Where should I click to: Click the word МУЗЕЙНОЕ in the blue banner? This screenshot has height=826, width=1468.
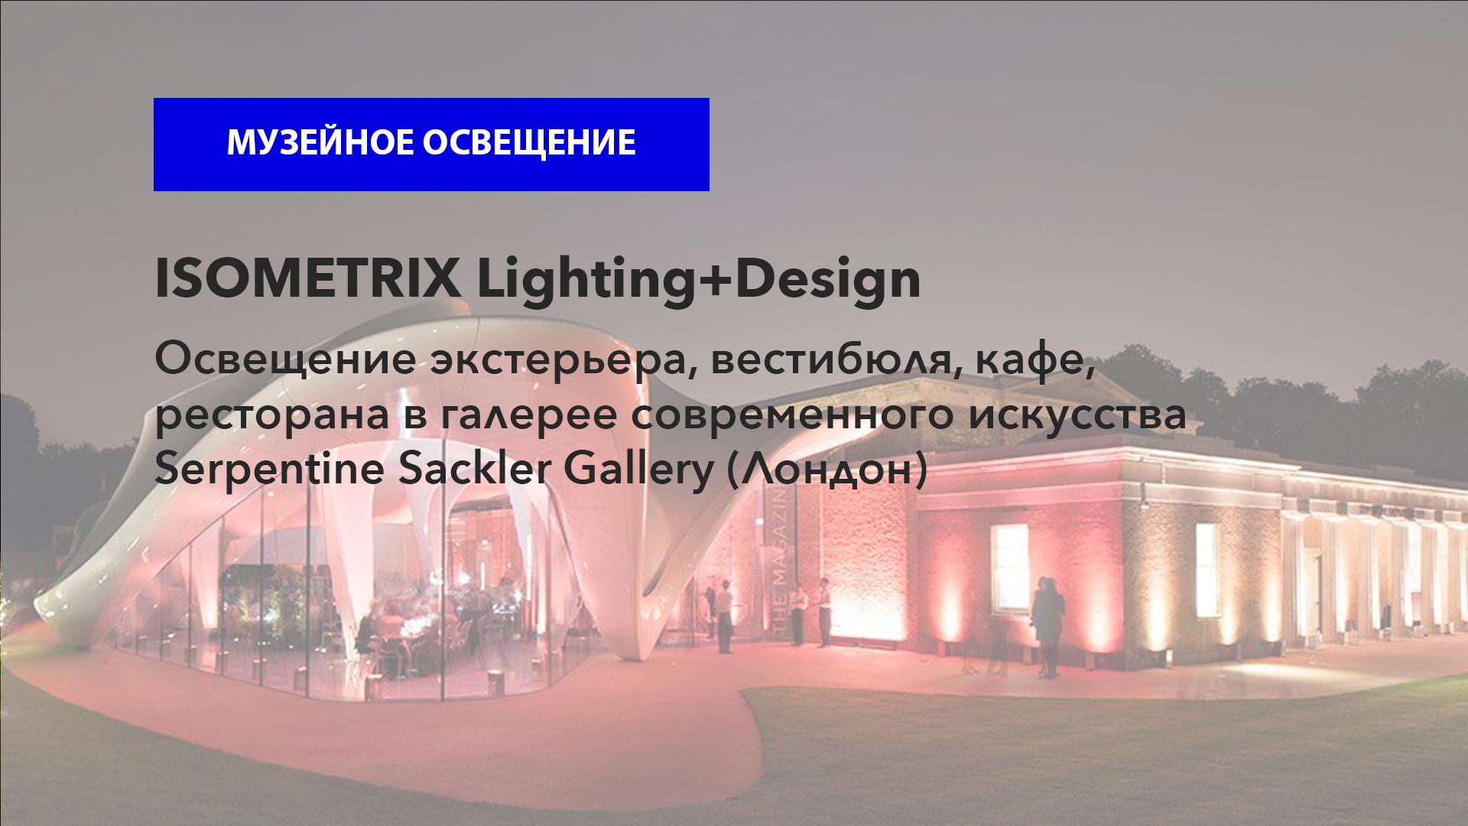[318, 143]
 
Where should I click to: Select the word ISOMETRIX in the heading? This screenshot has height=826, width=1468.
[307, 280]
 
